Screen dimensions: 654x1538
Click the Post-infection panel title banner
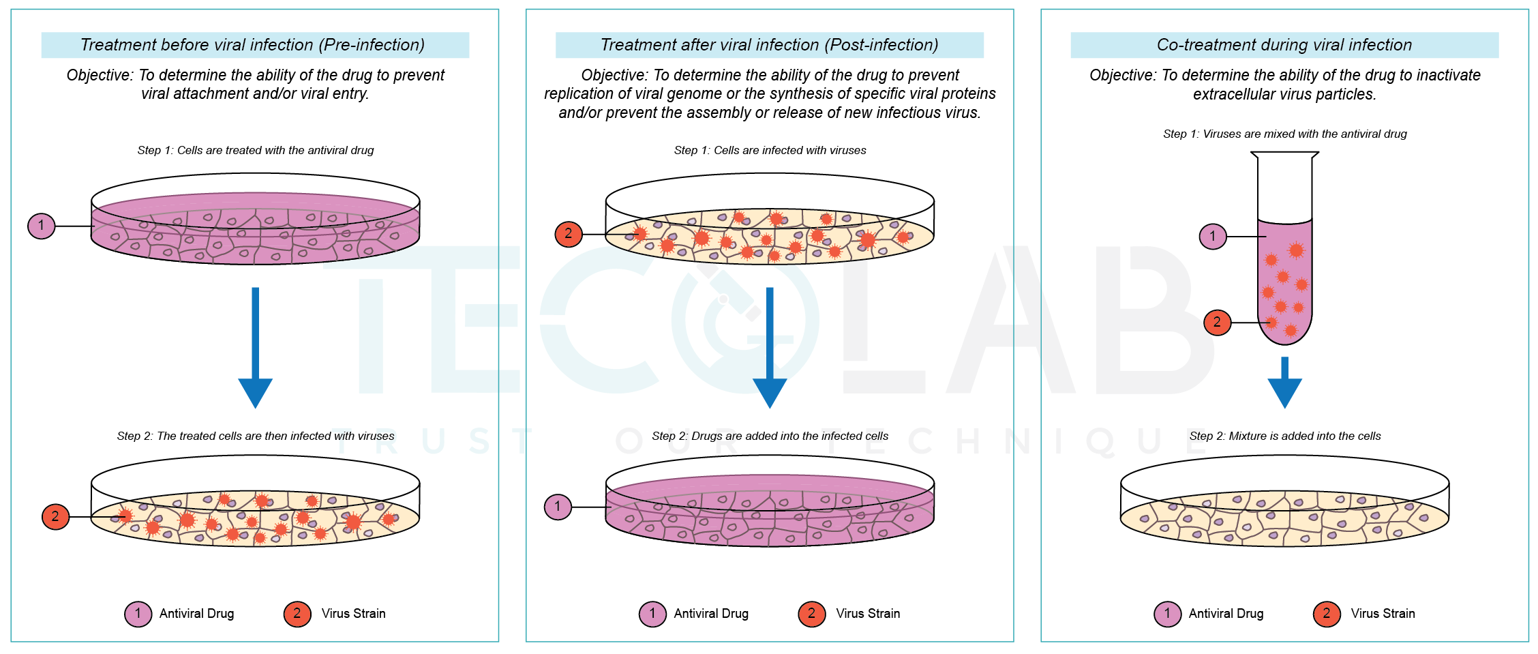point(769,45)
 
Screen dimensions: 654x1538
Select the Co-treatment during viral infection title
point(1284,45)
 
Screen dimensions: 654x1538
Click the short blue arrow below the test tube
point(1285,382)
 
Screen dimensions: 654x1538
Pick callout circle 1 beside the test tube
point(1213,237)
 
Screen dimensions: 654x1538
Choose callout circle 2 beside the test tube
point(1218,323)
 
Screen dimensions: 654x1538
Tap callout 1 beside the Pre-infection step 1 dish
point(42,226)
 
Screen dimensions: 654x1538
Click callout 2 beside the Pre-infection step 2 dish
point(56,517)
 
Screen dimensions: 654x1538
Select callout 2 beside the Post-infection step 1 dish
point(569,234)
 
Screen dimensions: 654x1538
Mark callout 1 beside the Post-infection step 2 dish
point(558,507)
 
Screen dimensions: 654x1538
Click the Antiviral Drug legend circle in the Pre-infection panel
point(138,614)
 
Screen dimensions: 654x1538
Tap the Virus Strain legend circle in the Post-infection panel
point(812,614)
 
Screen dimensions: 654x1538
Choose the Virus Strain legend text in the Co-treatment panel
point(1383,614)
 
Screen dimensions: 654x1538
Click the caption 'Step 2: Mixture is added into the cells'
point(1285,436)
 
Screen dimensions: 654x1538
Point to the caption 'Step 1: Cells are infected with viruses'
point(770,150)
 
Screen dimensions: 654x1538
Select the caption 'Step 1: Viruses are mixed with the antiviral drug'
point(1285,134)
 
